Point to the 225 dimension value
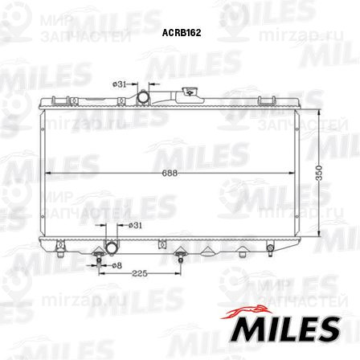point(139,274)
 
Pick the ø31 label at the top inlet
point(118,83)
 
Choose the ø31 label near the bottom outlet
point(135,226)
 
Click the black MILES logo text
point(284,329)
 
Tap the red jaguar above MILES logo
point(252,309)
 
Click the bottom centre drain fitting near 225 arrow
point(182,258)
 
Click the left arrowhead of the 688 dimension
point(45,174)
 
